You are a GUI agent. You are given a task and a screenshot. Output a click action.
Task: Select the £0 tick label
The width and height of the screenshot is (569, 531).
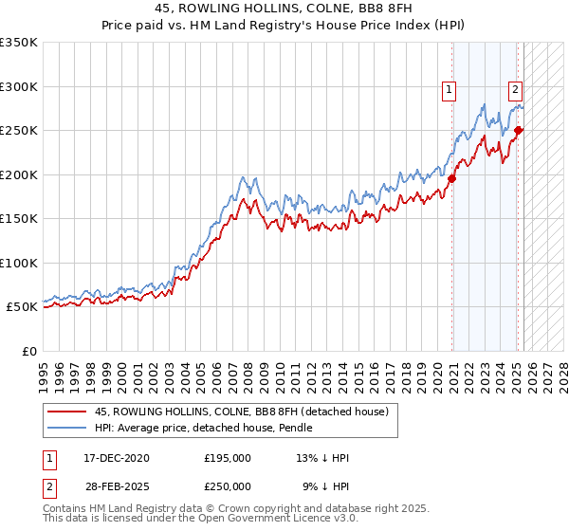click(x=28, y=351)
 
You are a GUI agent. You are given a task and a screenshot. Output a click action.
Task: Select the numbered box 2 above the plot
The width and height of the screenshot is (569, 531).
click(x=515, y=91)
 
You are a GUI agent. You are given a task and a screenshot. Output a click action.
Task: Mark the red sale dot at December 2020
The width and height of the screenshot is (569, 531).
click(x=452, y=178)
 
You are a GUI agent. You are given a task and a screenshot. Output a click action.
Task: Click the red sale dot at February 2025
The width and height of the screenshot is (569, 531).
click(x=519, y=130)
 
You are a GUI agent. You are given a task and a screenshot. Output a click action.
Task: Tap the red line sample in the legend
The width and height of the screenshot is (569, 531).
click(x=67, y=412)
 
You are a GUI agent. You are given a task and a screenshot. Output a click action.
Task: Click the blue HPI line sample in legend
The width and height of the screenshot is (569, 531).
click(x=67, y=428)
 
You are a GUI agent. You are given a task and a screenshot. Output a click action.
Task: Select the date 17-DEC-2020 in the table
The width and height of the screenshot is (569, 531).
click(x=117, y=458)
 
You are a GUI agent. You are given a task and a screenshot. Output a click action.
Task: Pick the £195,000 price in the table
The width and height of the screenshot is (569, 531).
click(x=228, y=458)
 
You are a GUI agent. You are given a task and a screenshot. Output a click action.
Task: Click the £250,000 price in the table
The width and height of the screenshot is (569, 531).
click(x=228, y=486)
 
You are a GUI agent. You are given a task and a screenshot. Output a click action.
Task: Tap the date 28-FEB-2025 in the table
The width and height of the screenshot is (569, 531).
click(x=117, y=486)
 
